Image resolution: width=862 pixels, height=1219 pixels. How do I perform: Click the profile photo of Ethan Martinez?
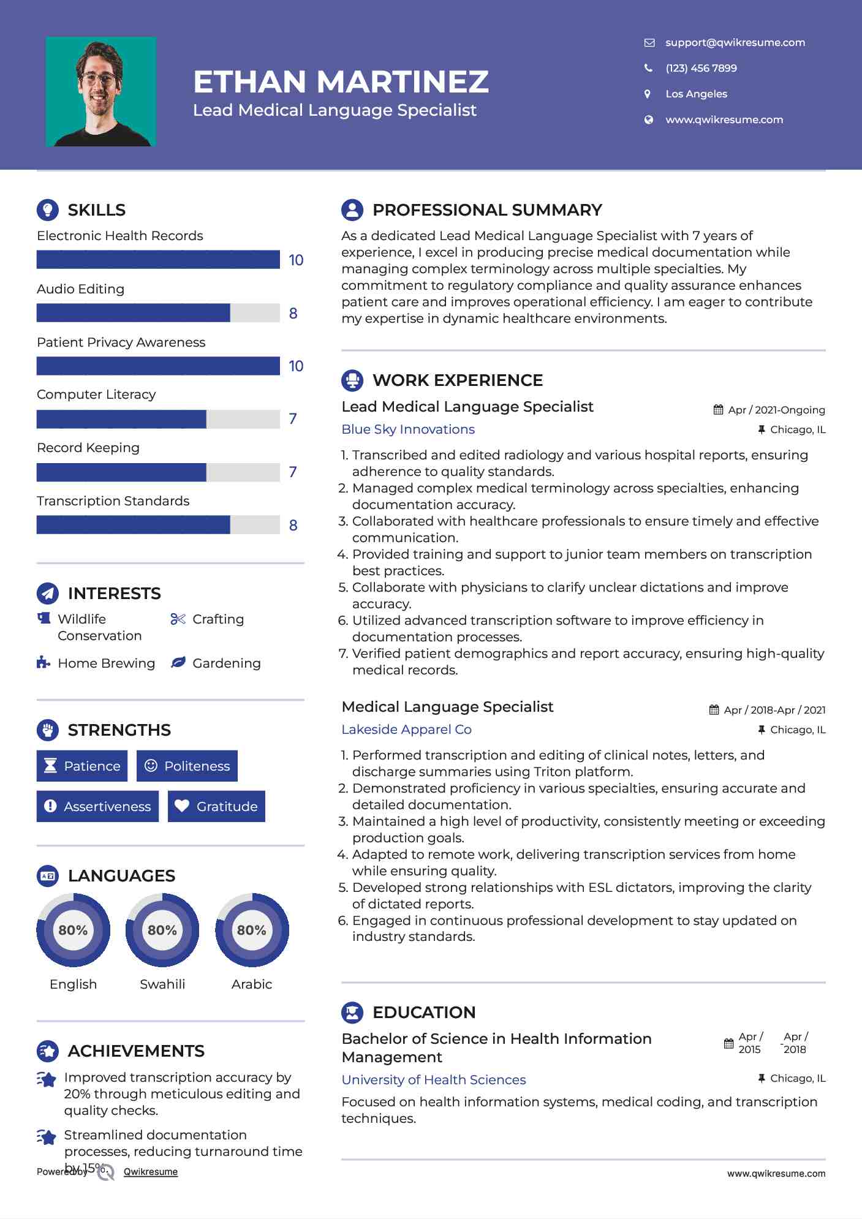pyautogui.click(x=100, y=92)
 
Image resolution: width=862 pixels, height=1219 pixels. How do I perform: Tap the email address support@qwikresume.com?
pyautogui.click(x=735, y=42)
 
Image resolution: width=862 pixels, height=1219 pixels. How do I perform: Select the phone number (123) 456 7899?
pyautogui.click(x=701, y=68)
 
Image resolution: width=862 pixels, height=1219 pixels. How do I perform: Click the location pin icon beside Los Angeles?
pyautogui.click(x=648, y=94)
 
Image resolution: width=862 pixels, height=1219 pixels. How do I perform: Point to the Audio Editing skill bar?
pyautogui.click(x=158, y=312)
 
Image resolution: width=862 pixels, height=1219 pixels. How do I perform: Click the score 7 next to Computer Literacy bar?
pyautogui.click(x=293, y=419)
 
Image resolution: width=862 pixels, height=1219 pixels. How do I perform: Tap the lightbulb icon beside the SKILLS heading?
pyautogui.click(x=48, y=209)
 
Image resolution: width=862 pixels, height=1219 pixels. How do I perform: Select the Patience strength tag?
pyautogui.click(x=82, y=766)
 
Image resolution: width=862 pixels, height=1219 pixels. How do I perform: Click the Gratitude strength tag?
pyautogui.click(x=216, y=806)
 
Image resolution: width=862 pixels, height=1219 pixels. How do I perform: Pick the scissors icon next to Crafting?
pyautogui.click(x=178, y=619)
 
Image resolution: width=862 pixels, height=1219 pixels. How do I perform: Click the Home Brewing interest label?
pyautogui.click(x=106, y=663)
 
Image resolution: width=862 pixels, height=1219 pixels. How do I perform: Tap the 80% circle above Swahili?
pyautogui.click(x=162, y=930)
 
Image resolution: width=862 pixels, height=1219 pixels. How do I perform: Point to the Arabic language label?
pyautogui.click(x=252, y=984)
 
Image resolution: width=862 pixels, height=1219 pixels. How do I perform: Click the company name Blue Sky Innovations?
pyautogui.click(x=408, y=429)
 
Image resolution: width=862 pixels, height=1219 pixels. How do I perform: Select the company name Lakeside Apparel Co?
pyautogui.click(x=406, y=730)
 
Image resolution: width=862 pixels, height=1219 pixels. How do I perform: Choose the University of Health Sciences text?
pyautogui.click(x=434, y=1079)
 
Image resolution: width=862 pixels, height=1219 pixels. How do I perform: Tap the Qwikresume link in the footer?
pyautogui.click(x=151, y=1172)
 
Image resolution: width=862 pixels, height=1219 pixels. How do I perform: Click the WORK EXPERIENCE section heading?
pyautogui.click(x=457, y=380)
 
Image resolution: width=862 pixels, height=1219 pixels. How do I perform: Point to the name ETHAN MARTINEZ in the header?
pyautogui.click(x=341, y=81)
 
